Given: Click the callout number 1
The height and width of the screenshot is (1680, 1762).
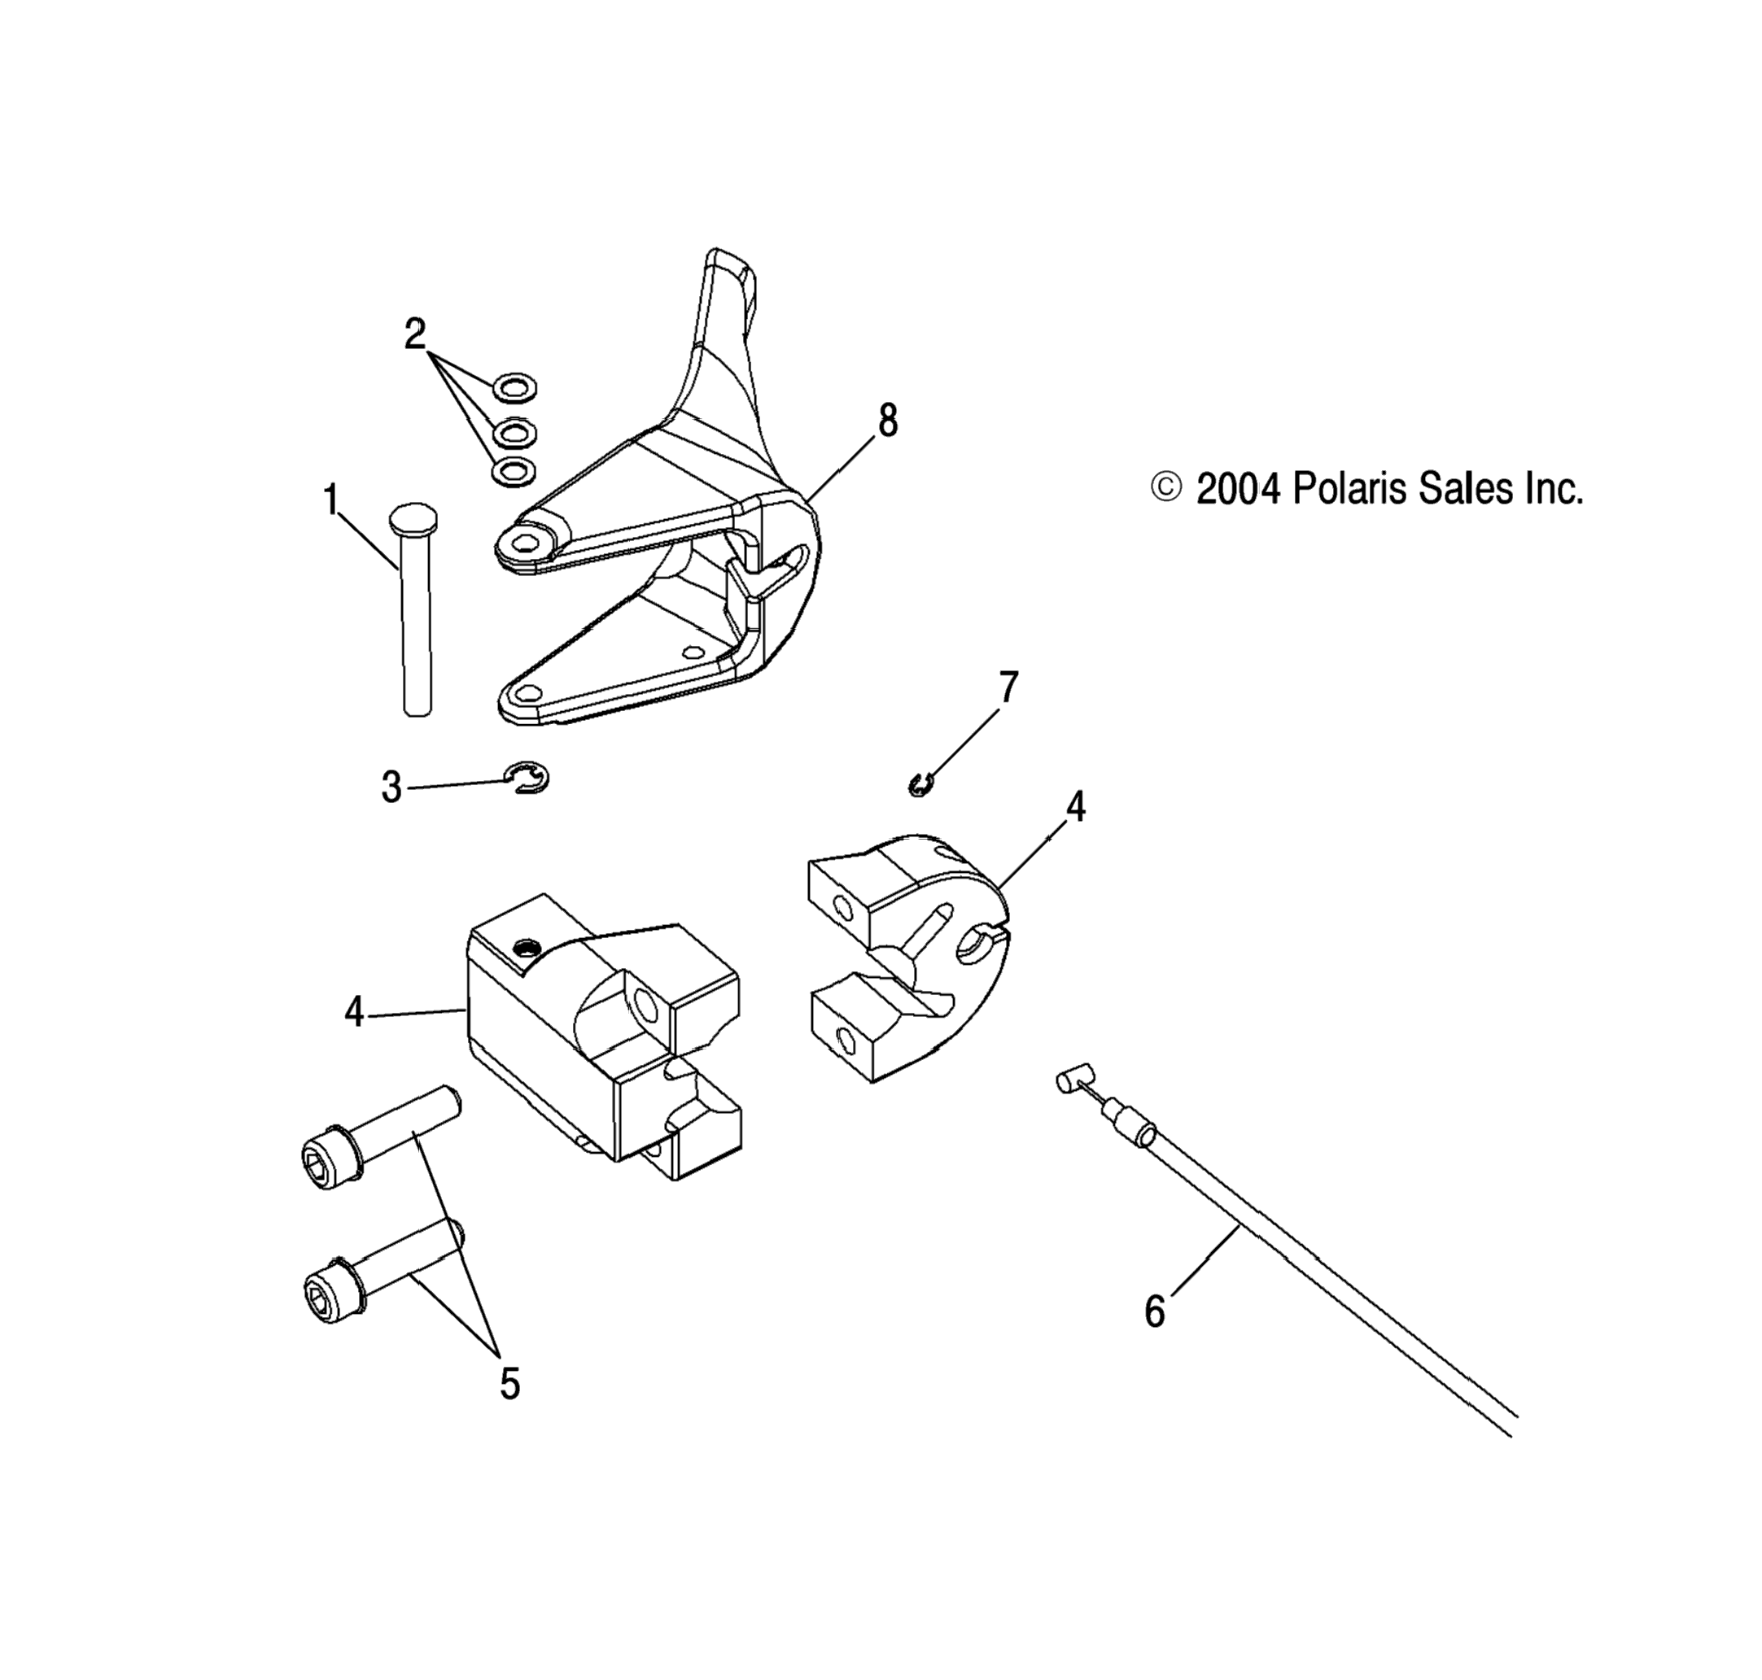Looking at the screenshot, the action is (331, 500).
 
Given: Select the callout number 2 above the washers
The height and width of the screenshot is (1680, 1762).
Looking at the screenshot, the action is (414, 335).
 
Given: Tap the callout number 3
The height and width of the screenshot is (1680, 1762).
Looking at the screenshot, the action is (391, 788).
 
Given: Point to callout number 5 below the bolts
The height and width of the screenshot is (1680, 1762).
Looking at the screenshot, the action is (509, 1385).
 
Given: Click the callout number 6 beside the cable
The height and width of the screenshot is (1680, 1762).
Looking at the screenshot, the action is (1155, 1313).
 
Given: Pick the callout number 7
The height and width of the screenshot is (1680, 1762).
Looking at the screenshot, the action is (1008, 687).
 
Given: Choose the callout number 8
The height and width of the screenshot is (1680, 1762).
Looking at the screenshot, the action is (887, 420).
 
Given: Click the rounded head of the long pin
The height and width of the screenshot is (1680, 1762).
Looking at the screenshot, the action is (413, 518).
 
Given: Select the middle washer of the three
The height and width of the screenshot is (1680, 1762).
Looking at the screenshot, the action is (514, 433).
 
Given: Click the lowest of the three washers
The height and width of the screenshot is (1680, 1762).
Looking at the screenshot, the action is (514, 471).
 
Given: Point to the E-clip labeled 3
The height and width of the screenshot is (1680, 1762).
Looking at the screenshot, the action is (527, 779).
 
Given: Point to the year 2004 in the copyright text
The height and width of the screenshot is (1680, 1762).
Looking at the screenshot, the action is (1238, 490).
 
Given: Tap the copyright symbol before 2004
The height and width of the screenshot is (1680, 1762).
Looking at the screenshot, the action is (1166, 488).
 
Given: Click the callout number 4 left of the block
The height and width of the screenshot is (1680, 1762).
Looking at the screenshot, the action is (355, 1013).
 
